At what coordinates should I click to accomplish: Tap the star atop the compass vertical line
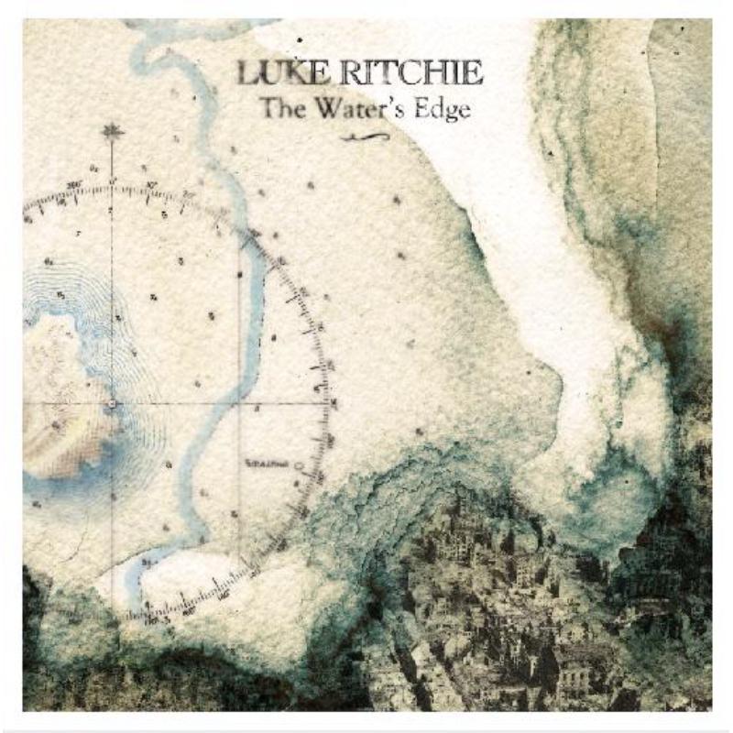click(113, 131)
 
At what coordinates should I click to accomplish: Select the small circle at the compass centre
click(112, 403)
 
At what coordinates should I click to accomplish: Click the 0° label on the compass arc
click(112, 181)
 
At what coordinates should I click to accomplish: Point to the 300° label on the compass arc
click(73, 186)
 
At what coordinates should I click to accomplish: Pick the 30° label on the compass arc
click(152, 186)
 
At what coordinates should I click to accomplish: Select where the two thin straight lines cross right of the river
click(240, 403)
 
